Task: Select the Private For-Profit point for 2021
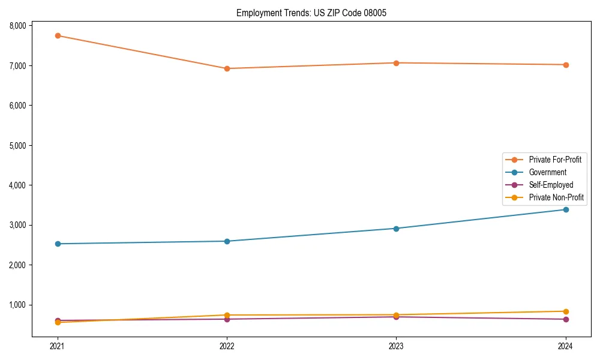(58, 35)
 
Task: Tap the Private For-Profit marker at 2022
(227, 68)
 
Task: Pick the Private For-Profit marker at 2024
(565, 65)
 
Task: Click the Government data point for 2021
(58, 244)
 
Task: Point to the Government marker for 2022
(227, 241)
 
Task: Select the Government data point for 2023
(396, 229)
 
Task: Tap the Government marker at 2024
(565, 209)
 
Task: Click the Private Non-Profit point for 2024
(565, 311)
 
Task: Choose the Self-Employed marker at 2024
(565, 319)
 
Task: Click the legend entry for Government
(547, 172)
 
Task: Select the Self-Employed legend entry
(551, 185)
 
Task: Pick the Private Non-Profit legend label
(556, 197)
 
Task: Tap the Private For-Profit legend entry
(555, 160)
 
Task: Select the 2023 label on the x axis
(396, 346)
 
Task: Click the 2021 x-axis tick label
(58, 346)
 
